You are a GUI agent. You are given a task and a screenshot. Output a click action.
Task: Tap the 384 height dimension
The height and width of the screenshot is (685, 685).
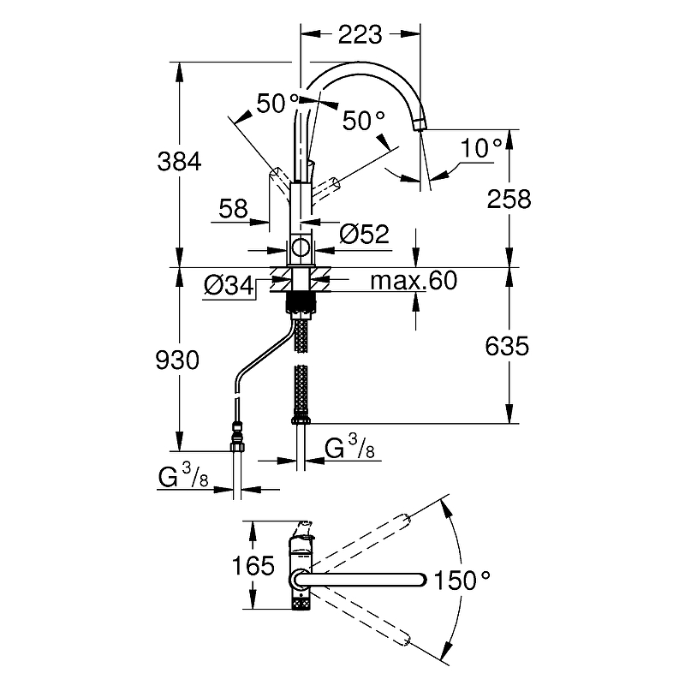click(x=178, y=160)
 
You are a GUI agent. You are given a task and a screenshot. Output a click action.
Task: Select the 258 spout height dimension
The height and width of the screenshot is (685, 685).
click(x=508, y=199)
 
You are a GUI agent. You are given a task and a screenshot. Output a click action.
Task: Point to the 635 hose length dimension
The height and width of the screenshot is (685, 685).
click(x=507, y=346)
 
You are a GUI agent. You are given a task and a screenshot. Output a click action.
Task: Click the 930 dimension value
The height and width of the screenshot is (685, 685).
click(x=178, y=360)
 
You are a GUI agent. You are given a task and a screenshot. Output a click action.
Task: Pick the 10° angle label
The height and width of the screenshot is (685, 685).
click(x=481, y=148)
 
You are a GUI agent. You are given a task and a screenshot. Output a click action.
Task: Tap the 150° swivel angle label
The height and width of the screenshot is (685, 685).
click(x=462, y=581)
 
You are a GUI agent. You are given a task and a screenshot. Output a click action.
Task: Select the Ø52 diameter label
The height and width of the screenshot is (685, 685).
click(x=364, y=234)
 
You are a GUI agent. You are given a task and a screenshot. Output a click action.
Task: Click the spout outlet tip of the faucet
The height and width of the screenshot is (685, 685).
click(x=419, y=125)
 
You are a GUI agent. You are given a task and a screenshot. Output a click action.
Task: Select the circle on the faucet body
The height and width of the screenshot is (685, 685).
click(x=301, y=249)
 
